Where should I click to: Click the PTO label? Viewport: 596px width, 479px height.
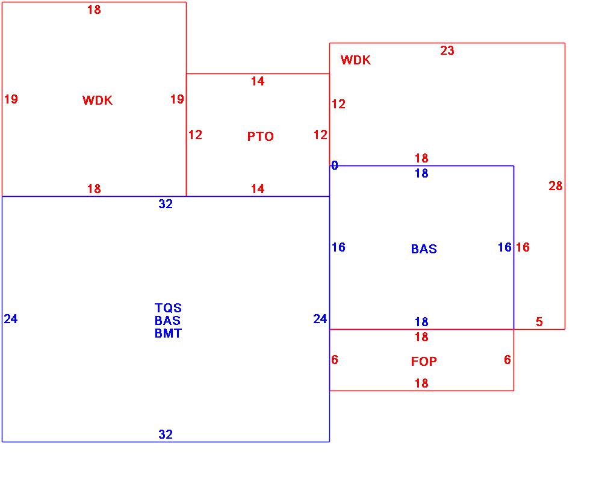[x=260, y=137]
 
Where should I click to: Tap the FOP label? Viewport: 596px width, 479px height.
[x=424, y=362]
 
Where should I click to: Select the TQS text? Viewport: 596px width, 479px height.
[x=168, y=308]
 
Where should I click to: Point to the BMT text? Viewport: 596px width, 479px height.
[x=168, y=333]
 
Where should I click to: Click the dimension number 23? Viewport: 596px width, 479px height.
[x=447, y=51]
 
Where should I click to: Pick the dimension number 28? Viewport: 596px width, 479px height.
[x=555, y=186]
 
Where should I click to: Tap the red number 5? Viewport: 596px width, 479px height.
[x=539, y=322]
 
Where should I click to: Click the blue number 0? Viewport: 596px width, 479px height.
[x=335, y=165]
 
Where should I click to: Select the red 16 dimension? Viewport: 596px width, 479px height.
[x=523, y=247]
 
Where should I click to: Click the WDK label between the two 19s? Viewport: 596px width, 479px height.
[x=98, y=100]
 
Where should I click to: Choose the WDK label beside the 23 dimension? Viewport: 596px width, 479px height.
[x=356, y=60]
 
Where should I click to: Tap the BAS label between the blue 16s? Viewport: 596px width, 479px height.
[x=424, y=249]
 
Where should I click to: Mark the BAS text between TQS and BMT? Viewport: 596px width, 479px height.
[x=168, y=321]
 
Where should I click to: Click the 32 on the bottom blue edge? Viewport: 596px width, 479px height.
[x=166, y=434]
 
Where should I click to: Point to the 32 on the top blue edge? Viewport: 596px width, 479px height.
[x=166, y=205]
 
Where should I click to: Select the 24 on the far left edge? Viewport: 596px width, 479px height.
[x=11, y=319]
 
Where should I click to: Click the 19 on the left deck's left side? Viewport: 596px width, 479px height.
[x=11, y=99]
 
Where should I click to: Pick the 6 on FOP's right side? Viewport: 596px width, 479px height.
[x=507, y=360]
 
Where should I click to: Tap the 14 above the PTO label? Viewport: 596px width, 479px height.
[x=258, y=82]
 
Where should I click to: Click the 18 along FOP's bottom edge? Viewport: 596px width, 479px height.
[x=421, y=383]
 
